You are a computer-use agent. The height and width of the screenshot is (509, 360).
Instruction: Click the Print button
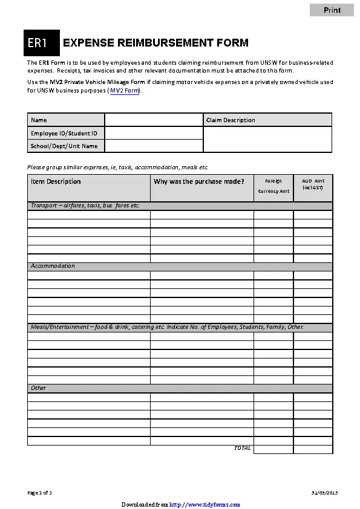332,10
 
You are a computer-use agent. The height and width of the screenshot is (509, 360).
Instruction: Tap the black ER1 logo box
42,43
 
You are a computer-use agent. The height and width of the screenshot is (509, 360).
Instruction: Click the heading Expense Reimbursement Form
155,43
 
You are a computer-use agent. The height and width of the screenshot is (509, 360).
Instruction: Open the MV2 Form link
125,91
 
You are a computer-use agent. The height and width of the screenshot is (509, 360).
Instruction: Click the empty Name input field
154,120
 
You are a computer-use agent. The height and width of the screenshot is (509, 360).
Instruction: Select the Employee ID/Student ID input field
154,133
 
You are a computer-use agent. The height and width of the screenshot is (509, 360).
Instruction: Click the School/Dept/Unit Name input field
154,146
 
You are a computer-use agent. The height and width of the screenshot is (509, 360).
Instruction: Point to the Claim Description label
231,120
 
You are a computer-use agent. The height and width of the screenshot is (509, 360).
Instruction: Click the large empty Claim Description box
267,139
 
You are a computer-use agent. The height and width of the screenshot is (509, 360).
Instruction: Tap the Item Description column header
56,181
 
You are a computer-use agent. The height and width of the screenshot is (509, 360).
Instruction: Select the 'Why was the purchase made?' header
199,181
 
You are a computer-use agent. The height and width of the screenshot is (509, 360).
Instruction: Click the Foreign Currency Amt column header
273,186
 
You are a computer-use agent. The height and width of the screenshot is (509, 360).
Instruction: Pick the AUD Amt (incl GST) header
313,184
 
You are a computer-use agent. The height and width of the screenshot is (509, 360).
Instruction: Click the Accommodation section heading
53,266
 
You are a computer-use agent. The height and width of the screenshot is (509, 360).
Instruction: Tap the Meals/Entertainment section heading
167,327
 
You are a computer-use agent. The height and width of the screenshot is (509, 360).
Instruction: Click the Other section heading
39,388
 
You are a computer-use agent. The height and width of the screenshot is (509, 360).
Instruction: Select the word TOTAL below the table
242,448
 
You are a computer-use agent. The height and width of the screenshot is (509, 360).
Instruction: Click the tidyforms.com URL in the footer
205,505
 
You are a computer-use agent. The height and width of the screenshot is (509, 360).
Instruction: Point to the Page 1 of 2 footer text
40,493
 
